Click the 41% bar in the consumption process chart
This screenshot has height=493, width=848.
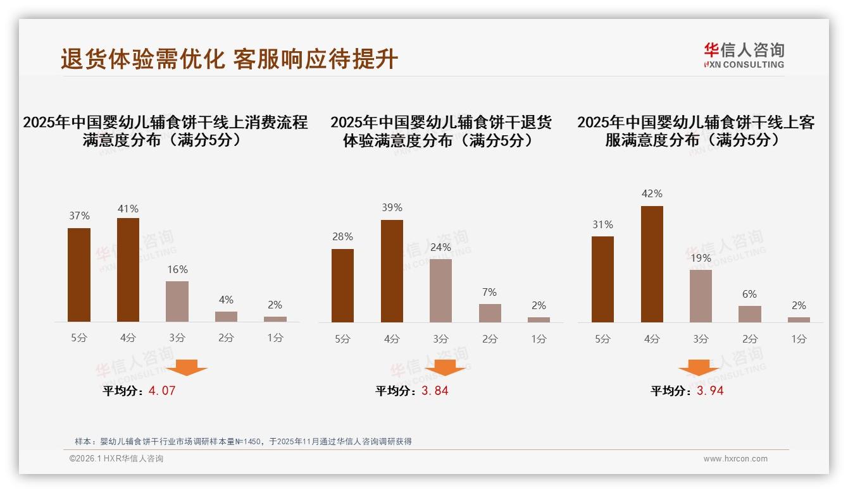128,270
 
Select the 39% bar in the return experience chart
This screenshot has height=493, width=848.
392,271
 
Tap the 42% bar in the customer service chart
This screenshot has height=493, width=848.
652,264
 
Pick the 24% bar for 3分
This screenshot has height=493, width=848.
440,291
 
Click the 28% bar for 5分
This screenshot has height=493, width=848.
342,286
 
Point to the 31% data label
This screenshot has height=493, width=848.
602,224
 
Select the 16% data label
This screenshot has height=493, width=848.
177,269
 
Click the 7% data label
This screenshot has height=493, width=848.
489,292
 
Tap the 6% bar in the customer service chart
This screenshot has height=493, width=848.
750,314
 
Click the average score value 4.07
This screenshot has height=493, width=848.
162,391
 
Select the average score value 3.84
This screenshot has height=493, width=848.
435,391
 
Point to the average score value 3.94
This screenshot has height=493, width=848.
710,391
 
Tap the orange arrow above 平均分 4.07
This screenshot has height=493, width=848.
187,367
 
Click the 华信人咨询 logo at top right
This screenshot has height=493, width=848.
744,55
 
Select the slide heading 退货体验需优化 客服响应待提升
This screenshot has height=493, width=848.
229,59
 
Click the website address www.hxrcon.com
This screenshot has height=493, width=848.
735,459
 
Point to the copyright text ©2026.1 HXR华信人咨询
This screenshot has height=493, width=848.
116,459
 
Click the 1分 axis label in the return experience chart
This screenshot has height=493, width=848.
539,339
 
